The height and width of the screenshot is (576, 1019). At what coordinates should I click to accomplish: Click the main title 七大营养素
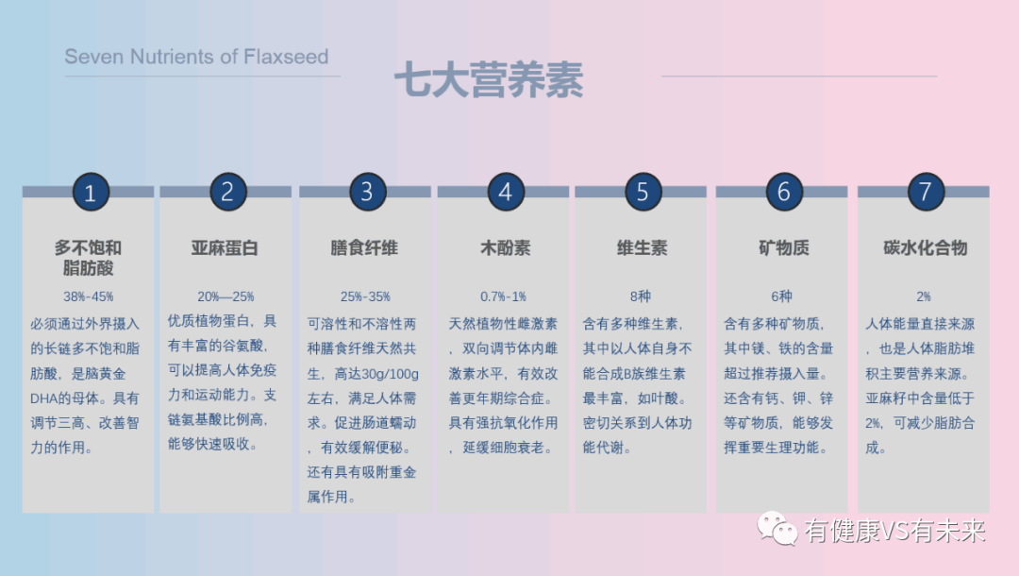pyautogui.click(x=488, y=81)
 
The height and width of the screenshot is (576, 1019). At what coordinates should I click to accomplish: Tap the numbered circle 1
pyautogui.click(x=91, y=193)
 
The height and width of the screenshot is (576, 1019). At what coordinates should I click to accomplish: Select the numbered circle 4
pyautogui.click(x=506, y=192)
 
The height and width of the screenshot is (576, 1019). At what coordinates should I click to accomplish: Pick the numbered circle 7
pyautogui.click(x=925, y=192)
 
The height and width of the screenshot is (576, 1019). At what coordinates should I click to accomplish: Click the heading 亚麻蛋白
pyautogui.click(x=225, y=248)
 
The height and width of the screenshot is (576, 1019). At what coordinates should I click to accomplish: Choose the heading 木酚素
pyautogui.click(x=505, y=248)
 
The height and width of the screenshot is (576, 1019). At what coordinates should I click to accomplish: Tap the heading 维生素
pyautogui.click(x=642, y=248)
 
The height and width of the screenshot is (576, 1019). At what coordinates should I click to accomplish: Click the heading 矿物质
pyautogui.click(x=783, y=248)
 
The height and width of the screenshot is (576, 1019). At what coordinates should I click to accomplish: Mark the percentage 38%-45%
pyautogui.click(x=88, y=296)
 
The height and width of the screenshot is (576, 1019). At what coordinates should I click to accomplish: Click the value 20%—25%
pyautogui.click(x=226, y=296)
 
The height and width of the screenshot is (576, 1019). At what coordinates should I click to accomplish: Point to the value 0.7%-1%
pyautogui.click(x=503, y=296)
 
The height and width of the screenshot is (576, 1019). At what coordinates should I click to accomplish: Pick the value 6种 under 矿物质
pyautogui.click(x=782, y=296)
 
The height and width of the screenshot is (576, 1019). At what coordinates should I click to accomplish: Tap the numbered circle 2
pyautogui.click(x=227, y=192)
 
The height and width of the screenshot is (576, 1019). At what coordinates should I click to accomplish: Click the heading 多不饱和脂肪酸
pyautogui.click(x=88, y=258)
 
